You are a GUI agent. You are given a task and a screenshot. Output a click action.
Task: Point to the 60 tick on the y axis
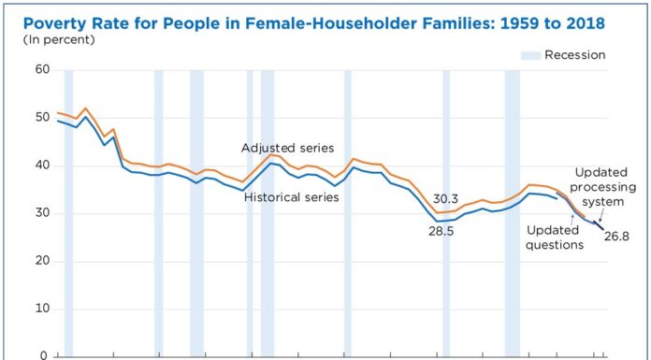pos(42,69)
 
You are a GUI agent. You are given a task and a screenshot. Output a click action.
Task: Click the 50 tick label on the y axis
pos(42,118)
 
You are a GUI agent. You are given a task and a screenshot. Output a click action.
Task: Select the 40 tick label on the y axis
pos(42,166)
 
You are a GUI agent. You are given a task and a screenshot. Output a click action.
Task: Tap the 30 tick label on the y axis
pos(42,213)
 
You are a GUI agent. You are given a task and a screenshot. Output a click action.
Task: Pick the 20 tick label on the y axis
pos(42,261)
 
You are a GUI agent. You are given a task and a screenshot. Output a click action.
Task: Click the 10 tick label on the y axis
pos(42,309)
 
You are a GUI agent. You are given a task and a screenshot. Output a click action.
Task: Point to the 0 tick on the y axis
pos(46,355)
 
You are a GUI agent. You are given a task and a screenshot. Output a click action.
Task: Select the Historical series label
pos(291,196)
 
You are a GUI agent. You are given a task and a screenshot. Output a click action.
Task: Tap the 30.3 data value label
pos(446,198)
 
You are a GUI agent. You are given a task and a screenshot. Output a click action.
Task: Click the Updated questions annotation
pos(555,238)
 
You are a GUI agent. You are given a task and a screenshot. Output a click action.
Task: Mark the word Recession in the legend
pos(577,55)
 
